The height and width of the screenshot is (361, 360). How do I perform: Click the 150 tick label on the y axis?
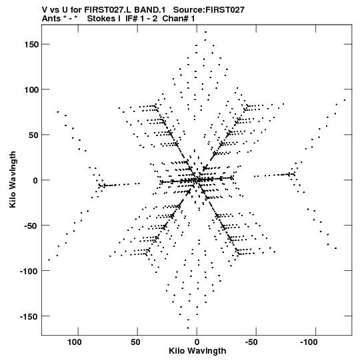(x=31, y=45)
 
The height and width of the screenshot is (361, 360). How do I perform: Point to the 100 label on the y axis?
(x=31, y=89)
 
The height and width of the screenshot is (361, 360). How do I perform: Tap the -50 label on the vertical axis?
(x=31, y=226)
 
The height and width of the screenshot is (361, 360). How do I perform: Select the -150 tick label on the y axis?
(x=29, y=316)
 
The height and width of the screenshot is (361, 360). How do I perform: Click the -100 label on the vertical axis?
(x=29, y=271)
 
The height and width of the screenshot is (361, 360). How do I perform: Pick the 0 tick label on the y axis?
(x=35, y=180)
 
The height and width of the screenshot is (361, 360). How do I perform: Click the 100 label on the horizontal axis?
(x=74, y=342)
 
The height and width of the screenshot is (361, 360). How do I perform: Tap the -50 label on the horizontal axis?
(x=251, y=342)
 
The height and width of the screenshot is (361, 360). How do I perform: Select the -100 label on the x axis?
(x=309, y=342)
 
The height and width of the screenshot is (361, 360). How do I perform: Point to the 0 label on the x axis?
(x=197, y=342)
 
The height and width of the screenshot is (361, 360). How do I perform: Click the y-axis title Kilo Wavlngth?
(x=13, y=179)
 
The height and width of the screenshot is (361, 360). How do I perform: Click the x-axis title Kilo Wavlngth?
(x=197, y=351)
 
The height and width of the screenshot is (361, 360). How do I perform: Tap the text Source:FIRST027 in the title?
(x=209, y=10)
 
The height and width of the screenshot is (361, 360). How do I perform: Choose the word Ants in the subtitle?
(x=51, y=19)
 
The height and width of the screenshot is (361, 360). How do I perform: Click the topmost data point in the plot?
(x=205, y=32)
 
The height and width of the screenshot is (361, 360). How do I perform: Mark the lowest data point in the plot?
(x=188, y=328)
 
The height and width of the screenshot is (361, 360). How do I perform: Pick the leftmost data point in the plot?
(x=49, y=260)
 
